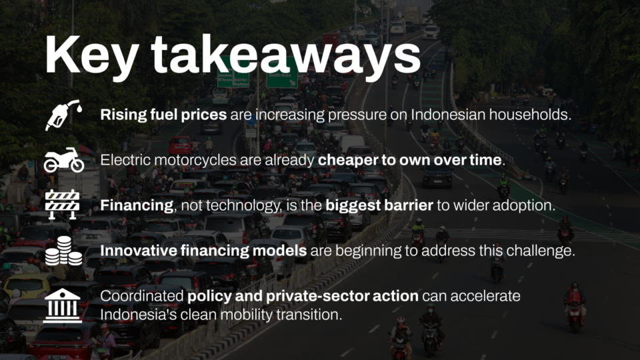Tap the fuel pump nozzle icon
pos(63,115)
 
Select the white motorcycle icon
pos(64,160)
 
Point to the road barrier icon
pos(62,204)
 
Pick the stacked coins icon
pos(63,251)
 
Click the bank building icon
pos(63,305)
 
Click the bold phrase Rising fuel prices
pos(163,115)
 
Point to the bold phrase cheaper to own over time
pos(410,159)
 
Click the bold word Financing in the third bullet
pos(137,205)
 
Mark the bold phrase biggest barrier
pos(379,205)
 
